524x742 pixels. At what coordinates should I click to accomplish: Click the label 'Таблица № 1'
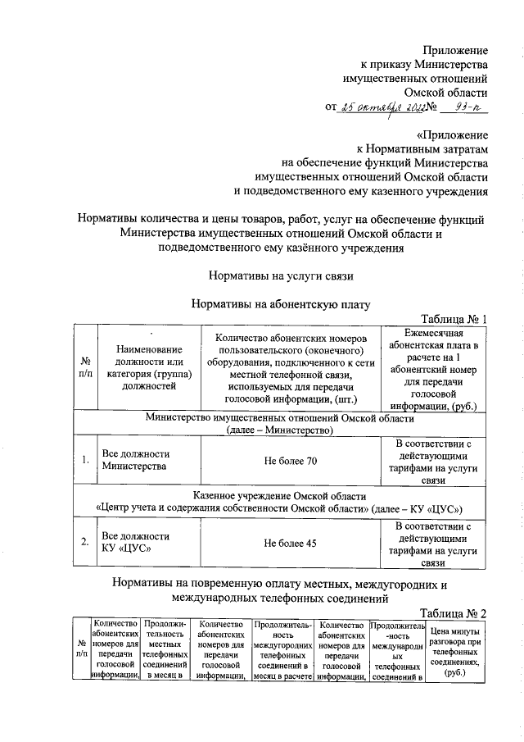[454, 319]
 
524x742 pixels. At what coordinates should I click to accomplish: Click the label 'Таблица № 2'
[454, 613]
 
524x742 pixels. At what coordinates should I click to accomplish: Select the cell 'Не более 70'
[290, 461]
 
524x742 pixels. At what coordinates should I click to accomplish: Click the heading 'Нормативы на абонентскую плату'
[281, 305]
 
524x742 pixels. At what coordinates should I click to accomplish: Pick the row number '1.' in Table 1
[84, 460]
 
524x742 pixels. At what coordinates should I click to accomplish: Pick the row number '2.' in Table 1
[84, 541]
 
